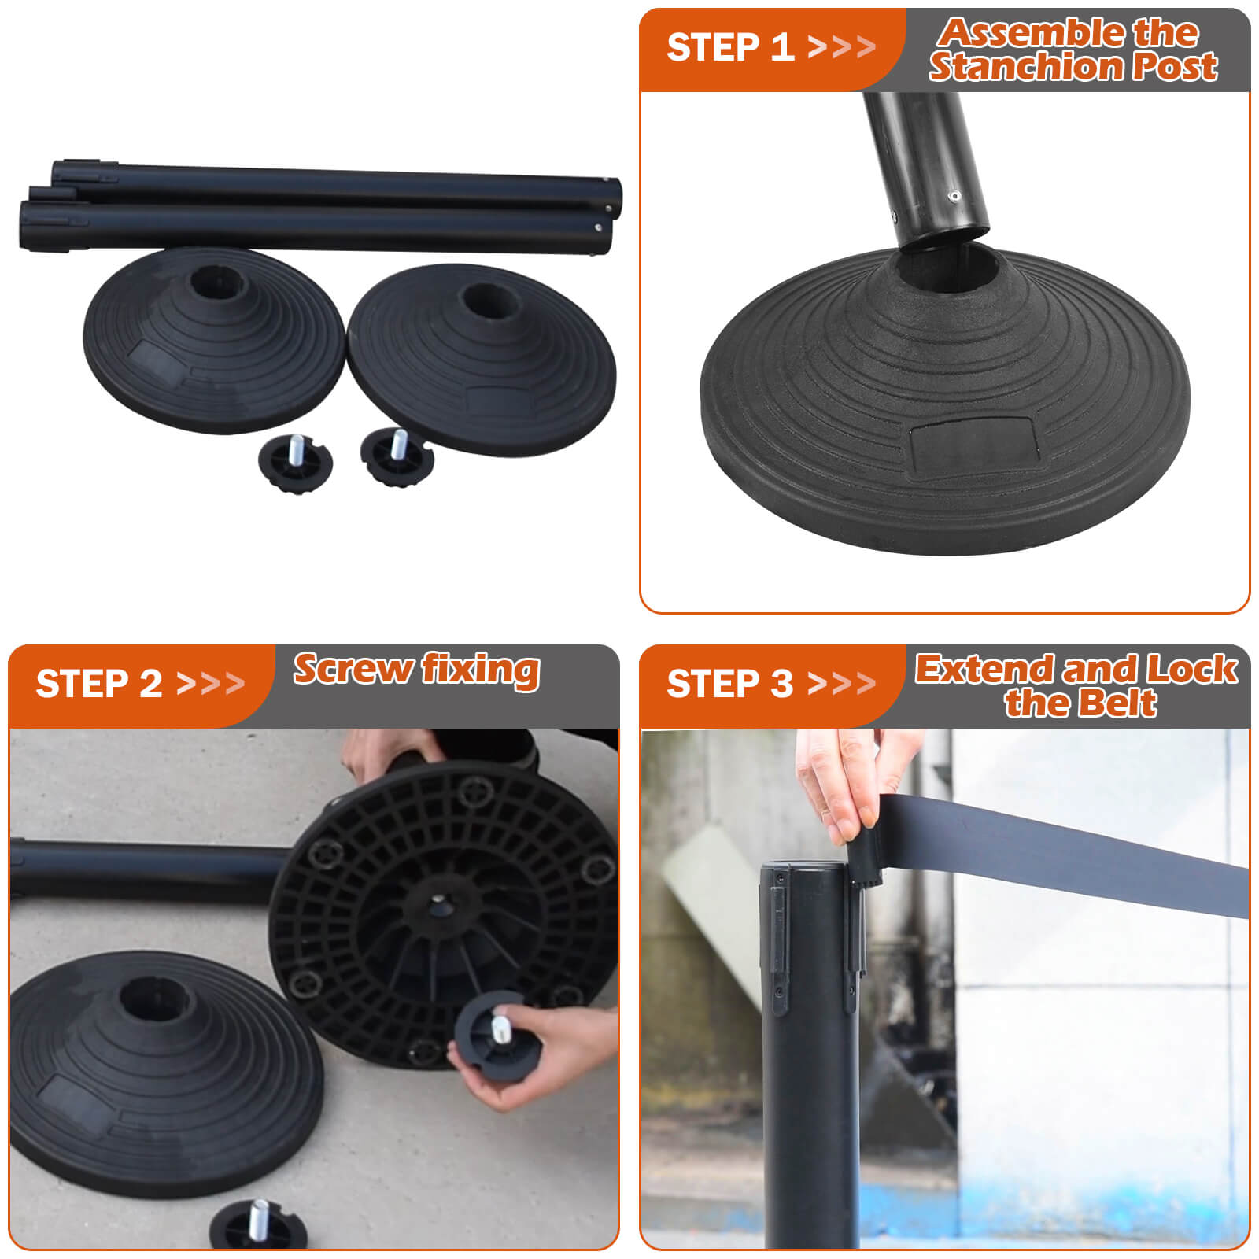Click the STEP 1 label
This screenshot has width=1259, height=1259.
(x=729, y=47)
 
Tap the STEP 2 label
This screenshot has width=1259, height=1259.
(x=99, y=683)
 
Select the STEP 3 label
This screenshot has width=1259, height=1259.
(x=729, y=683)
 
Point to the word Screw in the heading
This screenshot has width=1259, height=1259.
(x=353, y=669)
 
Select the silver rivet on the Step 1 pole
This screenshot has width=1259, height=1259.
(x=954, y=197)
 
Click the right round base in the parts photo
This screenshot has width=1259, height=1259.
(x=482, y=358)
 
